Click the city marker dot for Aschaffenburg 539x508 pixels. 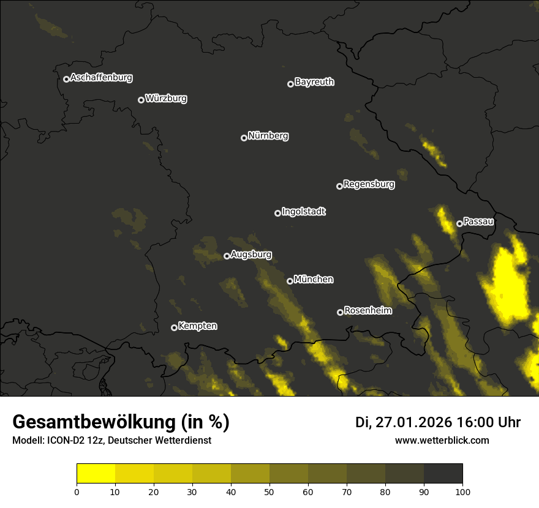pyautogui.click(x=66, y=79)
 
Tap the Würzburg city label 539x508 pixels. pyautogui.click(x=166, y=99)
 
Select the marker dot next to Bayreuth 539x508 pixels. pyautogui.click(x=290, y=84)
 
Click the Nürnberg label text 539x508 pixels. pyautogui.click(x=268, y=136)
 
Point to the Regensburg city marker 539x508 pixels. pyautogui.click(x=339, y=186)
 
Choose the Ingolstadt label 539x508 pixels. pyautogui.click(x=304, y=212)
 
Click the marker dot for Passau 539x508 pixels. pyautogui.click(x=459, y=223)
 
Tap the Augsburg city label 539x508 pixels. pyautogui.click(x=251, y=255)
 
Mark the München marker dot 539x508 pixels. pyautogui.click(x=290, y=282)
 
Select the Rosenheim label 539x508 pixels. pyautogui.click(x=367, y=311)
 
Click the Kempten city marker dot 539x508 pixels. pyautogui.click(x=174, y=327)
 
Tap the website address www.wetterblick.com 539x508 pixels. pyautogui.click(x=442, y=440)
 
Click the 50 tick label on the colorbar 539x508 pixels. pyautogui.click(x=269, y=491)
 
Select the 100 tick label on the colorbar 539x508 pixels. pyautogui.click(x=462, y=491)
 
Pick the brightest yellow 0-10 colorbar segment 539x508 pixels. pyautogui.click(x=96, y=474)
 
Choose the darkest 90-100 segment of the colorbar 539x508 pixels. pyautogui.click(x=443, y=474)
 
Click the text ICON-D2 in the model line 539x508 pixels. pyautogui.click(x=63, y=441)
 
